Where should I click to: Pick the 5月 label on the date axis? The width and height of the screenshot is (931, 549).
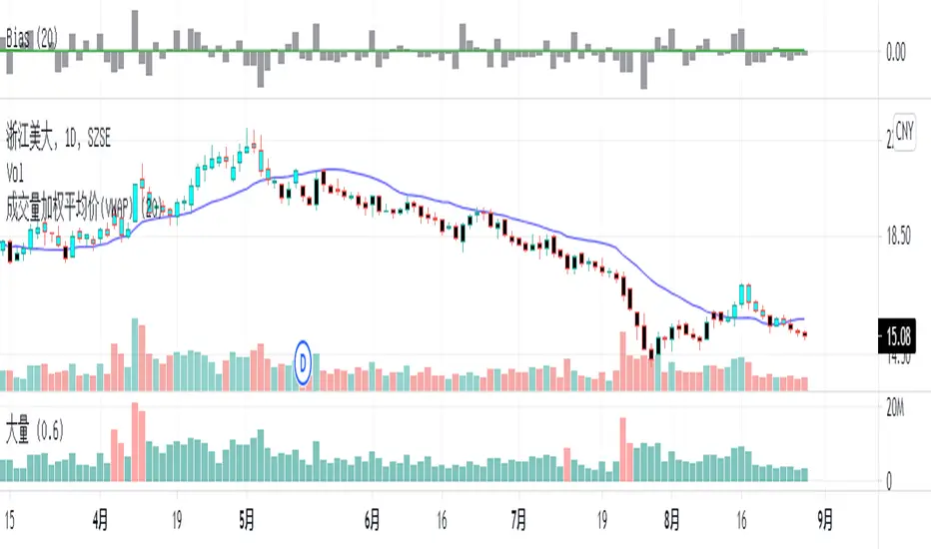click(247, 520)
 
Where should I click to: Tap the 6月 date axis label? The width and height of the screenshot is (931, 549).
click(374, 520)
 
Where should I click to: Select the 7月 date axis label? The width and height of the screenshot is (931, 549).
click(518, 520)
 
